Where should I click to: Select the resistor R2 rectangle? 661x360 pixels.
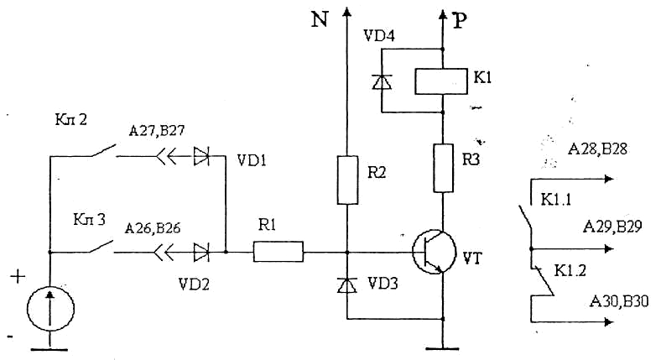pyautogui.click(x=347, y=180)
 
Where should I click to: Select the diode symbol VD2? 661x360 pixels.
pyautogui.click(x=201, y=250)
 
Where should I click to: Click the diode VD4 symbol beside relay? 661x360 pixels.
pyautogui.click(x=382, y=81)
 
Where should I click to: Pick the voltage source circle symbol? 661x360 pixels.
pyautogui.click(x=49, y=306)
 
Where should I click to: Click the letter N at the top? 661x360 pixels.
pyautogui.click(x=319, y=19)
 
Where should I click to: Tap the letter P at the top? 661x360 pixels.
pyautogui.click(x=459, y=22)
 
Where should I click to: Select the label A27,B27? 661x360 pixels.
pyautogui.click(x=157, y=131)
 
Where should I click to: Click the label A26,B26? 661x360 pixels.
pyautogui.click(x=153, y=228)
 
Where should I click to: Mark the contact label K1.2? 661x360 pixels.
pyautogui.click(x=570, y=270)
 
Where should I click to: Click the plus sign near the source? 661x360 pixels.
pyautogui.click(x=14, y=277)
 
